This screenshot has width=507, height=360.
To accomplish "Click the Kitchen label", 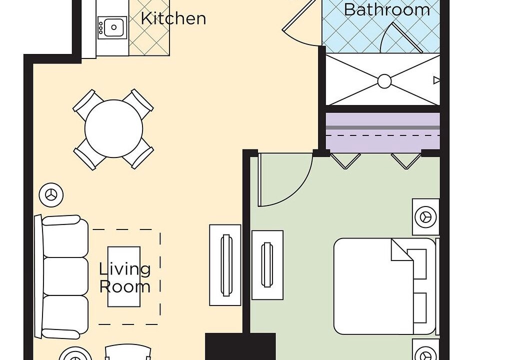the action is (173, 18).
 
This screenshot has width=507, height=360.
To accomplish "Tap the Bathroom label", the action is (387, 9).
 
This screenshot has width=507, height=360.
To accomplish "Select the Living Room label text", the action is (125, 278).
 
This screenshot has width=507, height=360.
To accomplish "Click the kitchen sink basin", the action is (113, 27).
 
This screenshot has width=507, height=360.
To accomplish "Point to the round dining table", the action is (113, 128).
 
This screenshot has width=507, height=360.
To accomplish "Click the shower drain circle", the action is (384, 81).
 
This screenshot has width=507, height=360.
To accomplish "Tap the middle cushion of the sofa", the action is (65, 276).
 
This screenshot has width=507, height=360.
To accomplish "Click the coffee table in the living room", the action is (124, 276).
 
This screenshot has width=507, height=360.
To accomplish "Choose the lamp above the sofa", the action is (51, 195).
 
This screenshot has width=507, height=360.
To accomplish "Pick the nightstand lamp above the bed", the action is (426, 216).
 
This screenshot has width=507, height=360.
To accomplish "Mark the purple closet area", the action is (383, 131).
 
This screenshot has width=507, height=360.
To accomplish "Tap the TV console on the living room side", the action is (225, 265).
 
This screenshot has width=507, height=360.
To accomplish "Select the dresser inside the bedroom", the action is (267, 265).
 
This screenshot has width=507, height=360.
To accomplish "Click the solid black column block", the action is (240, 346).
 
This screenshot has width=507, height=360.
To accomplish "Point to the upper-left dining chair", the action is (87, 101).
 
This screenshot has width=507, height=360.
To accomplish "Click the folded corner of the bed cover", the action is (402, 249).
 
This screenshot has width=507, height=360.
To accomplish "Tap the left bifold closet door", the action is (345, 161).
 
